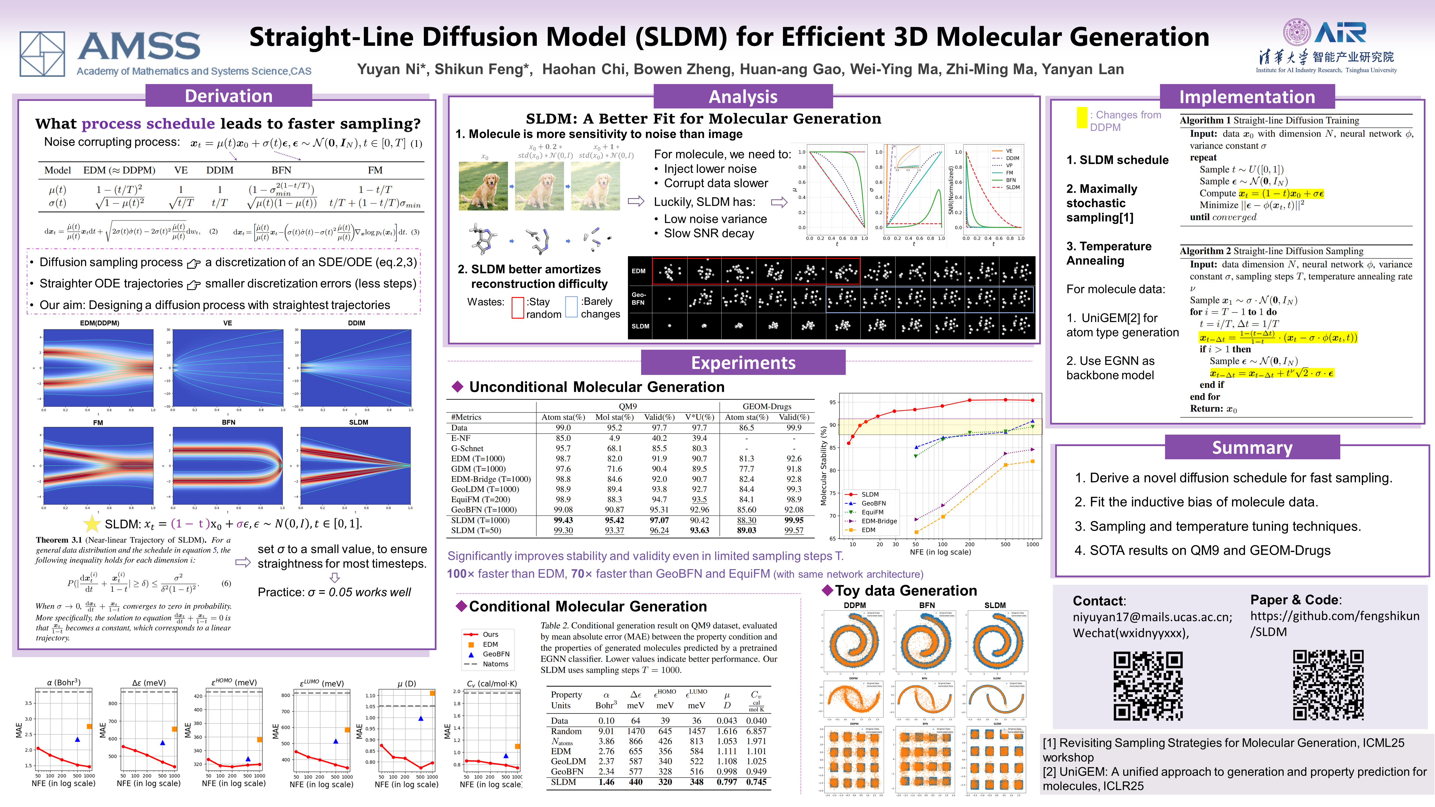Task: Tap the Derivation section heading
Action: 228,96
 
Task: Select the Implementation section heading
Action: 1247,97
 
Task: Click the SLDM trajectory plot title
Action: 358,422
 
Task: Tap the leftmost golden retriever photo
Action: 483,185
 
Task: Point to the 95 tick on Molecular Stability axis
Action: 832,402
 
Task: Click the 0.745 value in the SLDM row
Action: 756,782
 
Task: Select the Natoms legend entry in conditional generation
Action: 495,664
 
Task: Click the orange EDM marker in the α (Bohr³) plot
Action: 89,726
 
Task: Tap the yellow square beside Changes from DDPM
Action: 1081,117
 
